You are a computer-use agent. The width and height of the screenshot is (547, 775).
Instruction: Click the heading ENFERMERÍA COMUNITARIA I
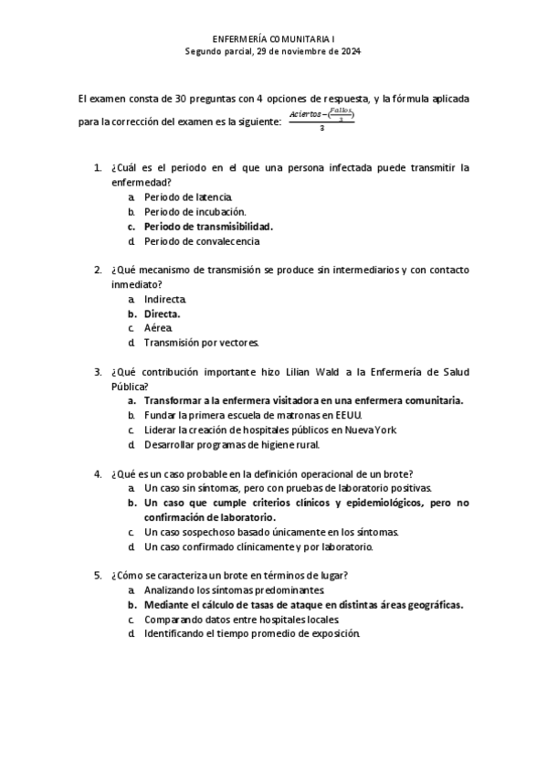273,40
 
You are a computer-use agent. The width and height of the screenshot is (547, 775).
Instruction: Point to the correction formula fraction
321,120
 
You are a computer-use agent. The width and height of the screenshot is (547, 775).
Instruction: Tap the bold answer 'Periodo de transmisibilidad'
209,226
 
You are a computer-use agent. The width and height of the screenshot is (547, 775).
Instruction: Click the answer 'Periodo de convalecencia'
202,241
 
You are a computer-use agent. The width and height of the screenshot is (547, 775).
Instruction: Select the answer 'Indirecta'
165,299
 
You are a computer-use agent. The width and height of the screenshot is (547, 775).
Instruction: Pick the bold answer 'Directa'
162,313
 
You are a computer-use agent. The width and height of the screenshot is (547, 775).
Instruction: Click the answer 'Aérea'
157,328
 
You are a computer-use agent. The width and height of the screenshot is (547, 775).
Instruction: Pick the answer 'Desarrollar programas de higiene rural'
231,444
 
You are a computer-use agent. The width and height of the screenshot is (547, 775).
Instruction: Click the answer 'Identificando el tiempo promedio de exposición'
252,633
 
